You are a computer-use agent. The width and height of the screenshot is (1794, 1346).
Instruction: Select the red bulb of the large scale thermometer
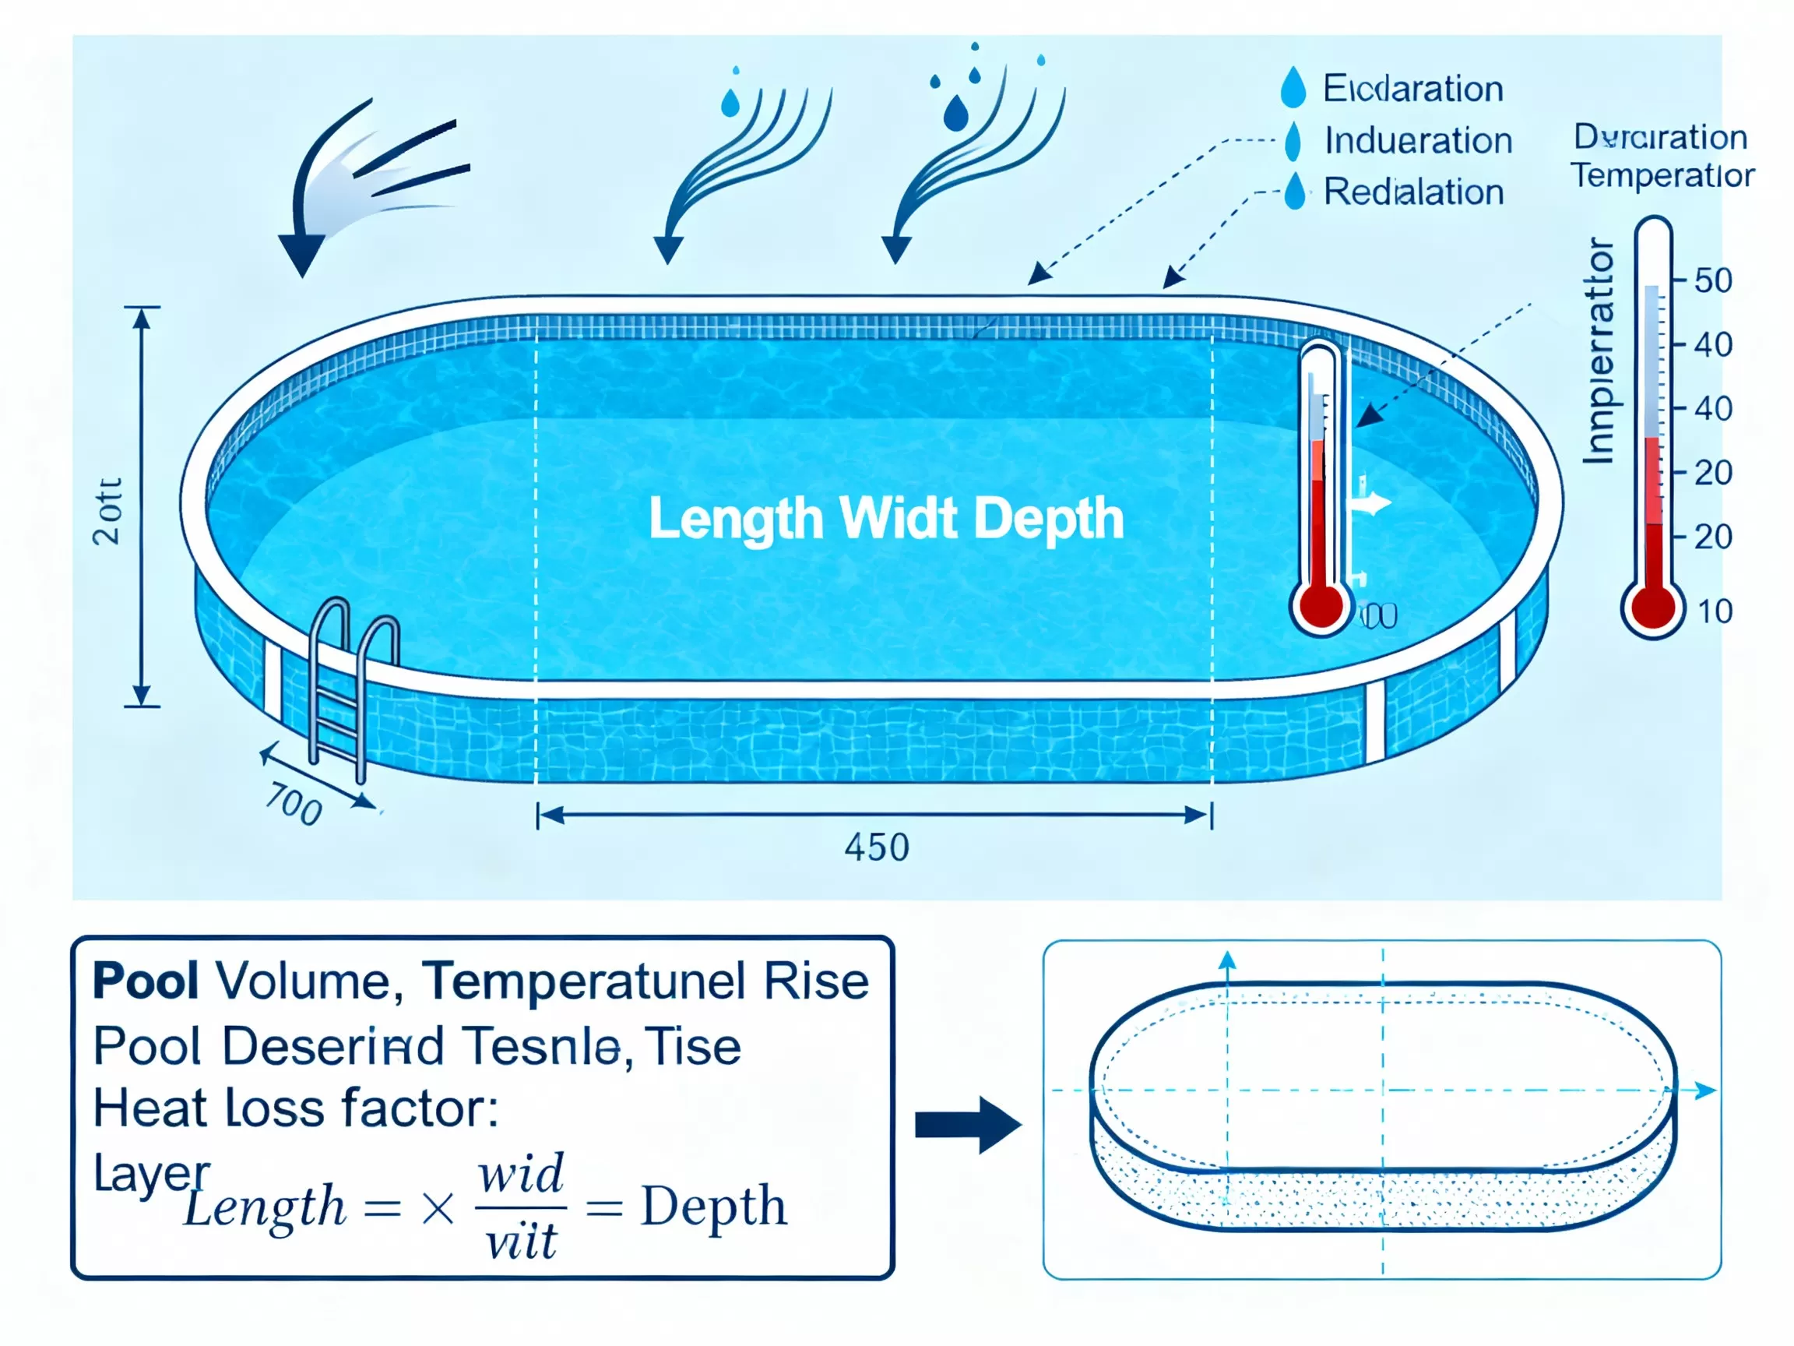[x=1652, y=607]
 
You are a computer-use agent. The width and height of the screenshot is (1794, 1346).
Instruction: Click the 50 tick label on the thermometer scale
[x=1713, y=280]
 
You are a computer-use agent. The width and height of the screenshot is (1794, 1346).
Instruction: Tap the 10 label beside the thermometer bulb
[x=1715, y=611]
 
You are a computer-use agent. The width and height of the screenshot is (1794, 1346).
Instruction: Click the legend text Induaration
[x=1418, y=140]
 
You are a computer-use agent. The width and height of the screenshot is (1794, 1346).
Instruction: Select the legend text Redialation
[x=1413, y=192]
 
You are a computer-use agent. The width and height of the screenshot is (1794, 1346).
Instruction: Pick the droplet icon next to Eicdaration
[x=1293, y=87]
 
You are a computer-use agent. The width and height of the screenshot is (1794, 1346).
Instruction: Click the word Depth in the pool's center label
[x=1048, y=519]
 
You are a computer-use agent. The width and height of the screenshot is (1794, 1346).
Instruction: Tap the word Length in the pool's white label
[x=736, y=520]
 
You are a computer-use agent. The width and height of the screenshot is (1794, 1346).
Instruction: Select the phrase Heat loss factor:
[x=295, y=1108]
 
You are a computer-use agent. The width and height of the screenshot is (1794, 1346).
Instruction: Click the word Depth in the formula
[x=714, y=1207]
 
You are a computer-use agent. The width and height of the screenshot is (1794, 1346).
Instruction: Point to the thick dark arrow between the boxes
[x=968, y=1126]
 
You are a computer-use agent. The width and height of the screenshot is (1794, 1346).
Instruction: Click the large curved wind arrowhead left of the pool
[x=301, y=254]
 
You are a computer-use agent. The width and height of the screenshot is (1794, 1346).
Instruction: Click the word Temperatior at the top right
[x=1662, y=175]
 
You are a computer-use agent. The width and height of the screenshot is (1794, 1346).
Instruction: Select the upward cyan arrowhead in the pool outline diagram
[x=1227, y=960]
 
